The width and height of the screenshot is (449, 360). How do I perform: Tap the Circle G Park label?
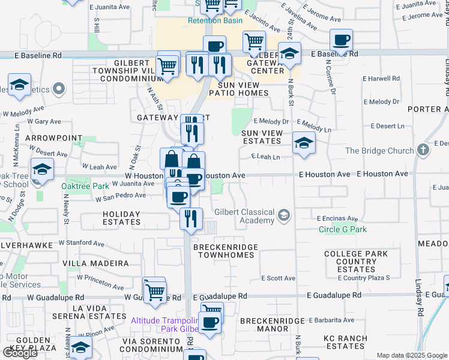(342, 229)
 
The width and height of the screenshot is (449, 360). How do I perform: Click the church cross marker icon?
(423, 149)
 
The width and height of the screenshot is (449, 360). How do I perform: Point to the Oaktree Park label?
(85, 186)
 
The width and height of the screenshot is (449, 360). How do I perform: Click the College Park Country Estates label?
(356, 262)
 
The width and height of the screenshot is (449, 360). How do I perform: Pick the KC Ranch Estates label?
(344, 343)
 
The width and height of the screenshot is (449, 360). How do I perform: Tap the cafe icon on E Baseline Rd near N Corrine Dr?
(341, 41)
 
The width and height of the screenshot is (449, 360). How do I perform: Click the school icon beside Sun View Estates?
(304, 144)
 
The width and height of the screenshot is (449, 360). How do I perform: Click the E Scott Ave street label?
(281, 278)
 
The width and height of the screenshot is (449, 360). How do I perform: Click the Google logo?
(20, 353)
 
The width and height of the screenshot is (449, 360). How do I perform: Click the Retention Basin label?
(215, 20)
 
